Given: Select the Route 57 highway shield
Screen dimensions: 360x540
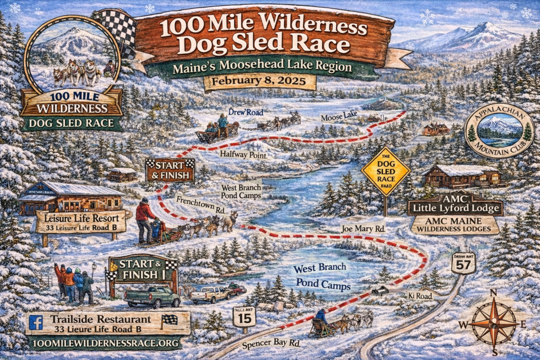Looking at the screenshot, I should pos(463,262).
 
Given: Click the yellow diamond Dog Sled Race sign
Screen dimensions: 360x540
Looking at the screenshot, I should pos(385,171).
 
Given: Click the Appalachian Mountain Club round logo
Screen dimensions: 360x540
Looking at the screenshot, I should pos(499,131).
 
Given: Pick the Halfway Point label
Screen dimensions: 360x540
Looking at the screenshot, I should pos(244,155).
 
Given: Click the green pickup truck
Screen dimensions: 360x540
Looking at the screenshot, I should pos(152,297).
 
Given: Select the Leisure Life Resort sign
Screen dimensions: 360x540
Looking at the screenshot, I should pos(81,221).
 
